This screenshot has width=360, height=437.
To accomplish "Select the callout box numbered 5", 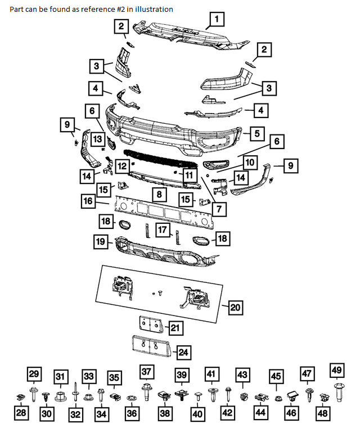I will pyautogui.click(x=256, y=134).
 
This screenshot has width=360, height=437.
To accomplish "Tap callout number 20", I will pyautogui.click(x=236, y=307).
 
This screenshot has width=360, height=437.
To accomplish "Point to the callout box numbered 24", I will pyautogui.click(x=183, y=353).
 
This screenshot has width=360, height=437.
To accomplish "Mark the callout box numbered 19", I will pyautogui.click(x=100, y=242).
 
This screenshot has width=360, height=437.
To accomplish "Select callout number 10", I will pyautogui.click(x=249, y=163).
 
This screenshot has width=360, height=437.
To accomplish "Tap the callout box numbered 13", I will pyautogui.click(x=98, y=139).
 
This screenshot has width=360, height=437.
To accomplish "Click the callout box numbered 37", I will pyautogui.click(x=147, y=372).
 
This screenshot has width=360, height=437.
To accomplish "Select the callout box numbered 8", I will pyautogui.click(x=159, y=195).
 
